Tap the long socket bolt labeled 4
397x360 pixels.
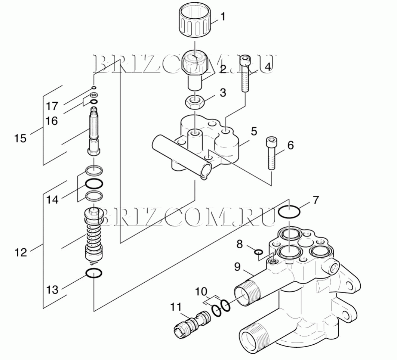pos(245,74)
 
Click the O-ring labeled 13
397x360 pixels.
pos(94,273)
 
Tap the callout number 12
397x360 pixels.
pos(21,252)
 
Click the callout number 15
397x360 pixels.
pos(20,138)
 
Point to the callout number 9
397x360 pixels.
pos(237,267)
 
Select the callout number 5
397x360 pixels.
pos(254,131)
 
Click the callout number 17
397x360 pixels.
pos(52,106)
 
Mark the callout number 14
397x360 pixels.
pos(52,200)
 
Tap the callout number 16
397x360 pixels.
pos(52,121)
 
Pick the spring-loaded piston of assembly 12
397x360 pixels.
pos(94,236)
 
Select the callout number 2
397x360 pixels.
pos(223,69)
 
